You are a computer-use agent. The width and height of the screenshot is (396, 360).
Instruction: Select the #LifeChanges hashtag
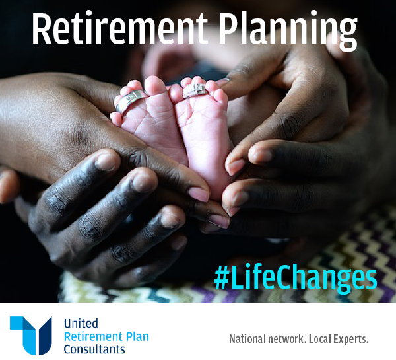tap(295, 277)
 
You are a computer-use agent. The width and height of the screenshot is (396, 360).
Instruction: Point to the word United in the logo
tap(81, 324)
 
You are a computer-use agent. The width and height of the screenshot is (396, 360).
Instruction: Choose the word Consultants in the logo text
tap(94, 349)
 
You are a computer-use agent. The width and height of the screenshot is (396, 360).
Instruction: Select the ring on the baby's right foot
tap(193, 89)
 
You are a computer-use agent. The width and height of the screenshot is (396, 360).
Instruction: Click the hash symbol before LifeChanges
tap(221, 278)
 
